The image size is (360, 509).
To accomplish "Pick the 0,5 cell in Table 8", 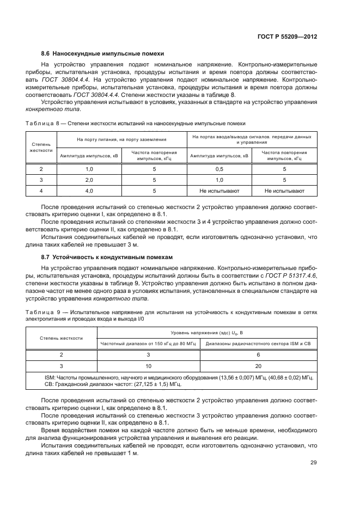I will point(219,169).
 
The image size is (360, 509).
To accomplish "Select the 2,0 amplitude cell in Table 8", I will point(89,180).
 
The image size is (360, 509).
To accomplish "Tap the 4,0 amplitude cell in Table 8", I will point(89,191).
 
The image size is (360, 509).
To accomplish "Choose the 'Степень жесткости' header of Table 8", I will point(41,147).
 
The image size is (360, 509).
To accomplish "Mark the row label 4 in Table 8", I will point(41,191).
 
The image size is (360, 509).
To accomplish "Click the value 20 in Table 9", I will point(258,366).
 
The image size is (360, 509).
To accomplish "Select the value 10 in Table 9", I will point(148,366).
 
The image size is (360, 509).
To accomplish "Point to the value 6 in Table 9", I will point(258,354).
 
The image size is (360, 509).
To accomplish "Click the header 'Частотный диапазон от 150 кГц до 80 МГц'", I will point(148,344).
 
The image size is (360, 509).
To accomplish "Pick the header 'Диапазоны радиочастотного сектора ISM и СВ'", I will point(258,344).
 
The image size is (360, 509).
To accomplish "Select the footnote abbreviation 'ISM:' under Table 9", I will point(50,377).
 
